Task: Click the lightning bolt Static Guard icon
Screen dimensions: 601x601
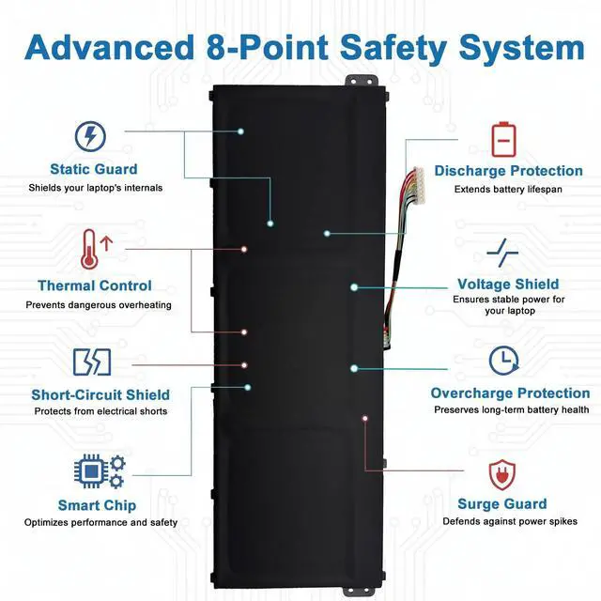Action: click(x=90, y=137)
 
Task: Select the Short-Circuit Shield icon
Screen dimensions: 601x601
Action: click(x=91, y=362)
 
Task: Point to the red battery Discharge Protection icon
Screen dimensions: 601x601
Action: click(x=504, y=139)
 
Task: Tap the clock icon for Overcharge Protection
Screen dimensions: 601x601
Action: click(x=504, y=361)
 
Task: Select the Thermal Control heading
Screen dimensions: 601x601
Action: click(x=94, y=285)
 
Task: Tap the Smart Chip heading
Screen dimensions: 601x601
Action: click(x=97, y=505)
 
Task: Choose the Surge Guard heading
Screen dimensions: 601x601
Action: click(x=501, y=503)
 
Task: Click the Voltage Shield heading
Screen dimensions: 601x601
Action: click(x=508, y=284)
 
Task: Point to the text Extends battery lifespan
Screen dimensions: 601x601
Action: click(x=508, y=189)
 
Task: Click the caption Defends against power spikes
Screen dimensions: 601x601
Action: click(x=511, y=521)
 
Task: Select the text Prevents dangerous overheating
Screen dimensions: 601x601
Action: click(x=99, y=304)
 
